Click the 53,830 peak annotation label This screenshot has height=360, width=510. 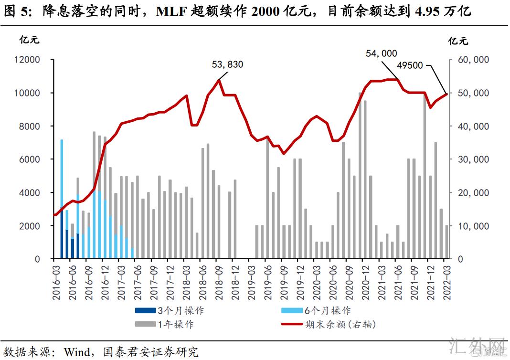point(228,64)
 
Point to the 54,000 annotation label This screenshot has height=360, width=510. point(381,53)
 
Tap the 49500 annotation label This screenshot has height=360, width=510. point(410,65)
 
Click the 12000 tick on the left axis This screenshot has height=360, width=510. point(30,60)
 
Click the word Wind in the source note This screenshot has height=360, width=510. point(77,352)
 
